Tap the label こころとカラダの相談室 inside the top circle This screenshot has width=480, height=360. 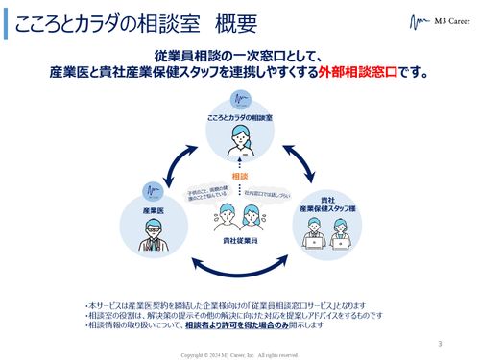[240, 117]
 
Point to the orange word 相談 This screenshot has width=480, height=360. [240, 176]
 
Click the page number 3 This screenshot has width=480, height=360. [440, 342]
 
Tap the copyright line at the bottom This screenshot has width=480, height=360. [240, 354]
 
